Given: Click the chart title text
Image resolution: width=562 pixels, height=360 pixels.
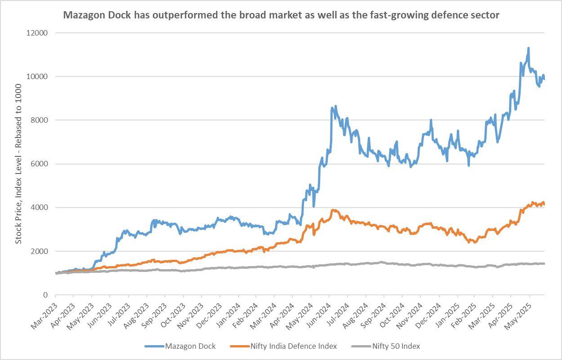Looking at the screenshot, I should (x=281, y=15).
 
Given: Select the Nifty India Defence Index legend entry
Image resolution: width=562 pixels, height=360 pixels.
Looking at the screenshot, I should (x=283, y=346).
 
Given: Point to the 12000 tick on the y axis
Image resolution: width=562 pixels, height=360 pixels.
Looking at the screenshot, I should (x=38, y=33).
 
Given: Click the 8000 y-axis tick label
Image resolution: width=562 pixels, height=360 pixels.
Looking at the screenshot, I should (x=40, y=120).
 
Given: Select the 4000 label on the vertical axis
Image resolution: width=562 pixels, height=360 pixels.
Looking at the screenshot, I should (x=40, y=208).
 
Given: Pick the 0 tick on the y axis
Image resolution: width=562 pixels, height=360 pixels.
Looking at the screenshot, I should (x=46, y=295).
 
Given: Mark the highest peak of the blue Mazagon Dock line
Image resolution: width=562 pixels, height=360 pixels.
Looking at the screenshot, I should (x=528, y=48).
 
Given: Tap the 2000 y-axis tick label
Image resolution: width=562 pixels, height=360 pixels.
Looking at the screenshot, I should (x=40, y=251).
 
